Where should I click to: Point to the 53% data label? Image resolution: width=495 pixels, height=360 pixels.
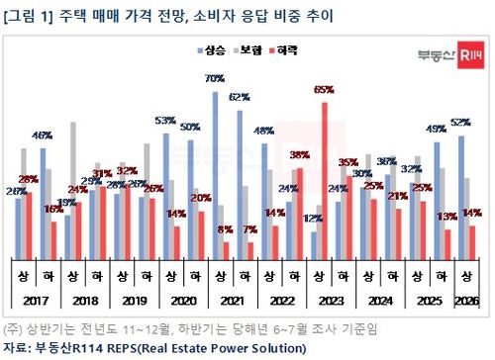point(165,121)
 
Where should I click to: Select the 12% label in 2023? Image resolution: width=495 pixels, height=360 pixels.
point(313,219)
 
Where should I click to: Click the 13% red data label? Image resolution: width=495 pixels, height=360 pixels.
point(447,216)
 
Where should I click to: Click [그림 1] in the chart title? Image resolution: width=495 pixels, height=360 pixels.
point(27,15)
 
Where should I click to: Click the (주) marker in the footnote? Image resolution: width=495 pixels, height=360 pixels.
point(13,328)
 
